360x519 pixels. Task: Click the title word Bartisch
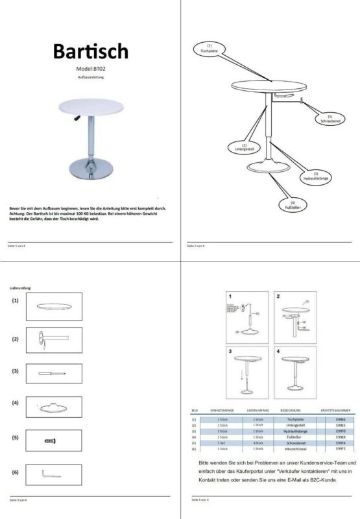tap(90, 51)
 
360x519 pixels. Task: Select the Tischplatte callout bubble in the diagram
tap(209, 48)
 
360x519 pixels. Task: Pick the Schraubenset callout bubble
tap(325, 119)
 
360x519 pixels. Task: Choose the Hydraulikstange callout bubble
tap(315, 176)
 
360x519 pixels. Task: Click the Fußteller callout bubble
tap(293, 206)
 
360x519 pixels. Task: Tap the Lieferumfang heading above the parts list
tap(20, 287)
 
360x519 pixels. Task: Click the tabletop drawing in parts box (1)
tap(54, 306)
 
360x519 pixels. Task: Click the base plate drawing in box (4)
tap(54, 405)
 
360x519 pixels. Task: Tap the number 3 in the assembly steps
tap(230, 351)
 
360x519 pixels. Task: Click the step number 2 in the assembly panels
tap(278, 296)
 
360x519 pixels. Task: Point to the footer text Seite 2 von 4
tap(196, 246)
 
